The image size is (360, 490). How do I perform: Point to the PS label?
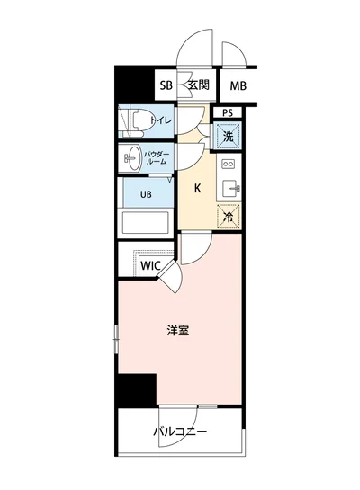pyautogui.click(x=227, y=112)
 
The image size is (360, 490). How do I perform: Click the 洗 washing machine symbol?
pyautogui.click(x=228, y=137)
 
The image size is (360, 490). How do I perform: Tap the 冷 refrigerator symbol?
pyautogui.click(x=228, y=215)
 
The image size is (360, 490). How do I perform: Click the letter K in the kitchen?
pyautogui.click(x=198, y=189)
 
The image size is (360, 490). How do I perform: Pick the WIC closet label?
pyautogui.click(x=150, y=266)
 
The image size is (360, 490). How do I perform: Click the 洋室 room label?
pyautogui.click(x=177, y=330)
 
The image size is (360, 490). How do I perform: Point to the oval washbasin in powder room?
pyautogui.click(x=133, y=158)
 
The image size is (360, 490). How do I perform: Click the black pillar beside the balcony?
pyautogui.click(x=135, y=389)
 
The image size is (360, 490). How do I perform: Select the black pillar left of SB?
pyautogui.click(x=135, y=85)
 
